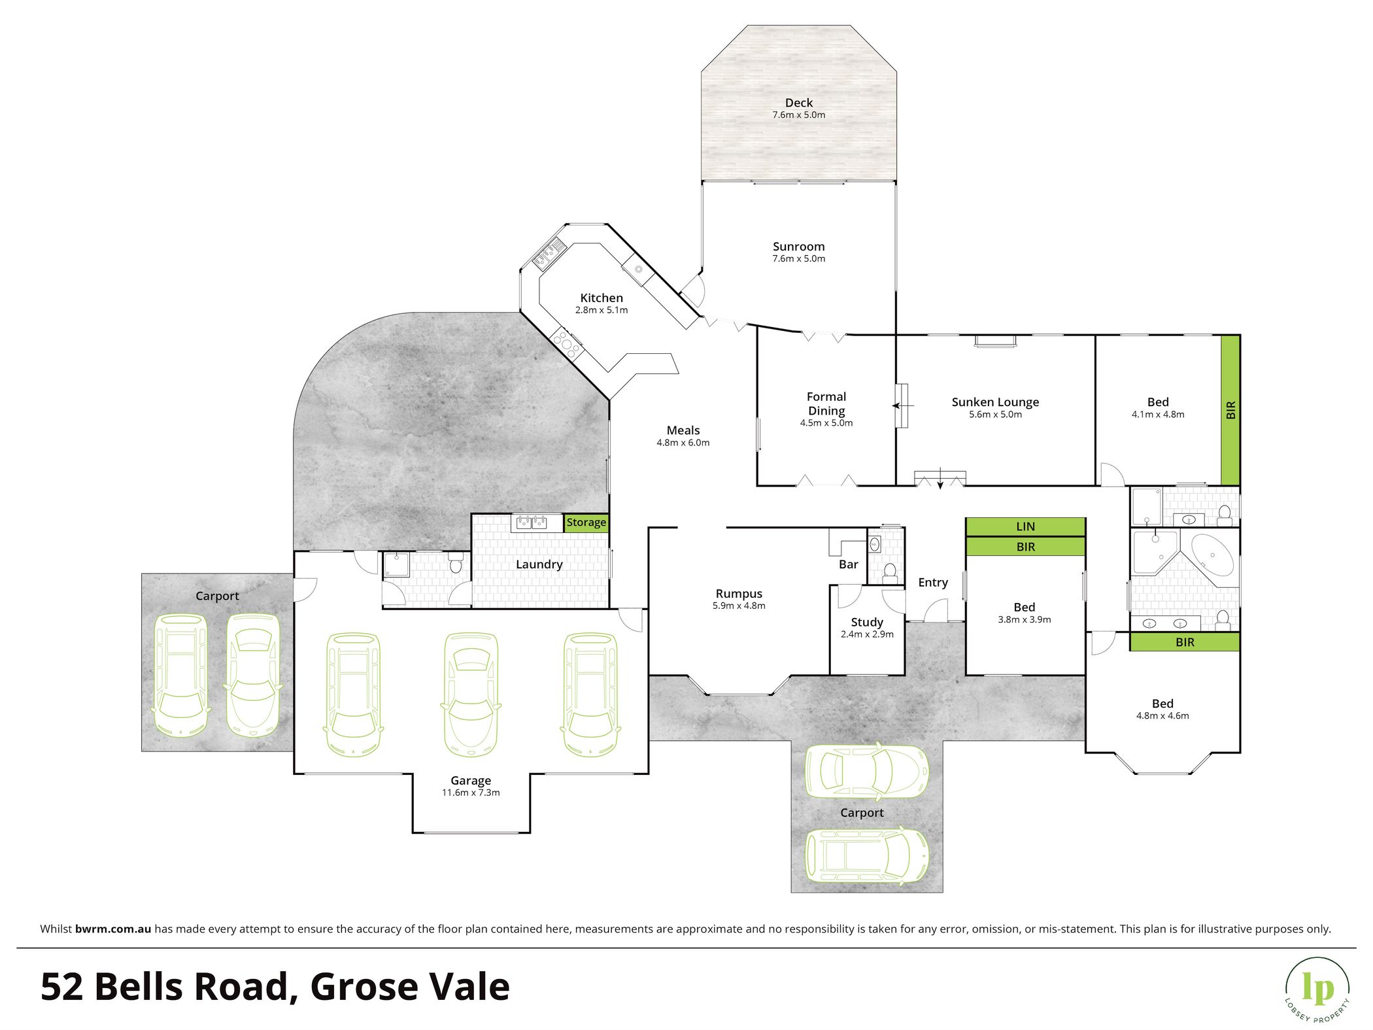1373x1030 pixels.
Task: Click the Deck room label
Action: coord(798,103)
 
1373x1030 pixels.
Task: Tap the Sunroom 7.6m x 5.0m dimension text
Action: coord(798,259)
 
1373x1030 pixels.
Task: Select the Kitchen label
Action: coord(602,298)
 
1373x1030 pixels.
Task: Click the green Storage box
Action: coord(586,523)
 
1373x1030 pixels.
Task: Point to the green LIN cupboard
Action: coord(1025,527)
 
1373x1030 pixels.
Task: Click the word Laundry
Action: coord(539,564)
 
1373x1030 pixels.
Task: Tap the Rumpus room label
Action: coord(739,594)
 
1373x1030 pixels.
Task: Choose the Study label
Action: coord(867,623)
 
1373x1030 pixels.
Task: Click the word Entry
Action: coord(932,583)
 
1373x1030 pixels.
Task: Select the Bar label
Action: coord(848,564)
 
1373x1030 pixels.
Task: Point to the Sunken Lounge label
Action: coord(995,402)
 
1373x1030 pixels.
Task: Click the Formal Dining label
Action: coord(826,403)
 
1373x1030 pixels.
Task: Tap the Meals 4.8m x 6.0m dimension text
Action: coord(683,443)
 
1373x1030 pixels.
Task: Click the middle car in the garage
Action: coord(471,694)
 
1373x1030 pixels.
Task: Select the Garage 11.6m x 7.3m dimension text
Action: coord(471,793)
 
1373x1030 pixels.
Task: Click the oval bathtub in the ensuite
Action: coord(1212,555)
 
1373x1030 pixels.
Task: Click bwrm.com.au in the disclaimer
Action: coord(113,929)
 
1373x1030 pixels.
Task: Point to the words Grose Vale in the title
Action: coord(409,987)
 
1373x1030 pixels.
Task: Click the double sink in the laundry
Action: coord(532,522)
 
